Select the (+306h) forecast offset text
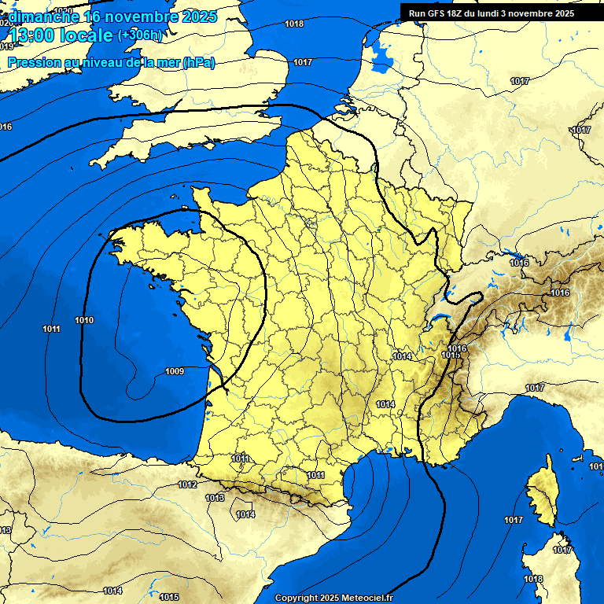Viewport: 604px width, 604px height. coord(139,35)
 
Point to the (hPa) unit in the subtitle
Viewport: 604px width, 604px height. coord(198,63)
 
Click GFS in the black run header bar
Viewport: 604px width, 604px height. coord(438,13)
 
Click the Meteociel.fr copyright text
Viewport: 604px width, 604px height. coord(333,598)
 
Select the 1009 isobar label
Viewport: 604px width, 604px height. coord(175,371)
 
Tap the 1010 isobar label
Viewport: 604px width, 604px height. coord(84,321)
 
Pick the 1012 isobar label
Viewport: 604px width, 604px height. coord(187,485)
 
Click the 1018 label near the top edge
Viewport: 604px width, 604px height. coord(294,24)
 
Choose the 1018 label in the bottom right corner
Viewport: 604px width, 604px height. coord(533,580)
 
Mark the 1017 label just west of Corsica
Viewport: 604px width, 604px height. coord(514,520)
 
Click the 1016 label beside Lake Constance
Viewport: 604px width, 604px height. coord(519,263)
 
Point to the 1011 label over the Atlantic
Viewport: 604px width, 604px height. coord(52,329)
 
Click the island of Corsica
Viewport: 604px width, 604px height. coord(542,495)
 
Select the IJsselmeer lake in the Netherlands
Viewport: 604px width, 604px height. coord(383,53)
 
